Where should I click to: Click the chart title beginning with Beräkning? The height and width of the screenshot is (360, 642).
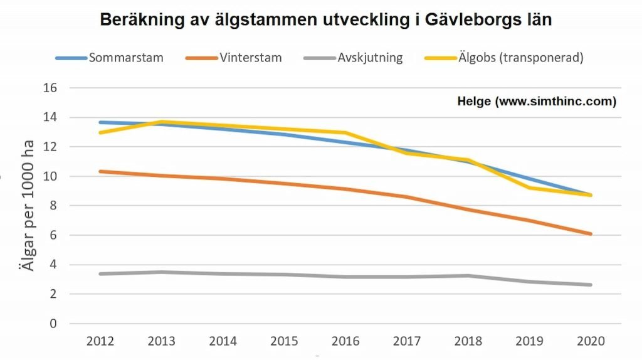(x=326, y=19)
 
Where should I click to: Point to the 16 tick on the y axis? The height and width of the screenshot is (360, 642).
(x=50, y=88)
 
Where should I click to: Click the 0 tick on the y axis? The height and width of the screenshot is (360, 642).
(x=53, y=324)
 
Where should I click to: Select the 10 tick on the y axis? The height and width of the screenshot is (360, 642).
(x=50, y=176)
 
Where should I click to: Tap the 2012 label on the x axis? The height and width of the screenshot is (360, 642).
(x=100, y=341)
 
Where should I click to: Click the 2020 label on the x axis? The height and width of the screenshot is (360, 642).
(x=590, y=341)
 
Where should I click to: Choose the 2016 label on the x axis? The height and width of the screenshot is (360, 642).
(x=345, y=341)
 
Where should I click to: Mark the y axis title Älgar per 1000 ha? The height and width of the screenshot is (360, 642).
(x=28, y=206)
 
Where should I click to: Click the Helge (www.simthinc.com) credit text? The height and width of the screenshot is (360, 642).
(x=537, y=101)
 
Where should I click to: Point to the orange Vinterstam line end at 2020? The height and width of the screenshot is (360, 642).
(x=590, y=234)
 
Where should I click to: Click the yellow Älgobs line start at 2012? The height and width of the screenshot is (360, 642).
(x=100, y=132)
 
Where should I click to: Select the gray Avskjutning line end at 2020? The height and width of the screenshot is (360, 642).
(x=590, y=285)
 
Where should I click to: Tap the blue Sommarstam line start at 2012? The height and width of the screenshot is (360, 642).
(x=100, y=122)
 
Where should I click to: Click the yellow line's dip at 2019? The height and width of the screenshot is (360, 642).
(x=529, y=188)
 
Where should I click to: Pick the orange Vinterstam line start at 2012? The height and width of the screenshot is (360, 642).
(x=100, y=171)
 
